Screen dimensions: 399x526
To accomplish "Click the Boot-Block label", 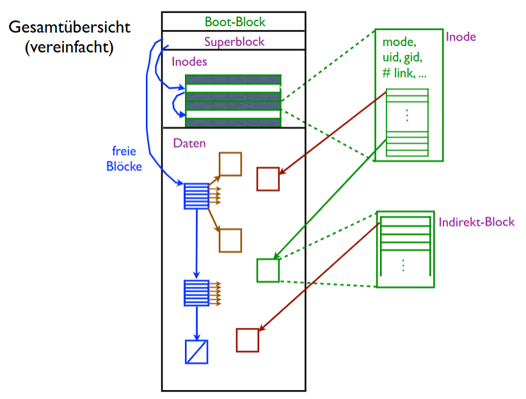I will pos(234,22).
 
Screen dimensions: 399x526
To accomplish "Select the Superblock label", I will pos(234,42).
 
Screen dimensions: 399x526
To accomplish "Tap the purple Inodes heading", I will pos(189,63).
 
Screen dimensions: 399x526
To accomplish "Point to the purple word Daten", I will pos(189,143).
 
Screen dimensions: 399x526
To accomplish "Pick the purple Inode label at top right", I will pos(461,37).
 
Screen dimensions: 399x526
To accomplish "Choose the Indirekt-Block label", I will pos(477,222).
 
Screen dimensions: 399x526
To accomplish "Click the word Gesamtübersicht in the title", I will pos(69,28).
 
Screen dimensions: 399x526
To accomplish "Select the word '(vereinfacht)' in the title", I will pos(69,48).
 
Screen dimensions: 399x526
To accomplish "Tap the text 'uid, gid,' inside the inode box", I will pos(404,58).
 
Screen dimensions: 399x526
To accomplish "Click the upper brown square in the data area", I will pos(230,164).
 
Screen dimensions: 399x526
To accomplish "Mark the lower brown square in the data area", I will pos(230,240).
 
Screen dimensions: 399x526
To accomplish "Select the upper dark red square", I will pos(268,179).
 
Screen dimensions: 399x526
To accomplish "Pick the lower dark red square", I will pos(247,340).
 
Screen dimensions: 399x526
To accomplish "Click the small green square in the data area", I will pos(268,270).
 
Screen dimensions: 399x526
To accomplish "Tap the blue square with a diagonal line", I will pos(196,352).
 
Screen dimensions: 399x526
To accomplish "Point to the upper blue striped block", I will pos(196,196).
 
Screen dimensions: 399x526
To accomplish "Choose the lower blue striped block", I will pos(196,293).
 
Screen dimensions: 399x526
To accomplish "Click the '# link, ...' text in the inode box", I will pos(404,73).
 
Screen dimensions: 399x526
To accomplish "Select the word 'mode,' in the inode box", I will pos(399,42).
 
